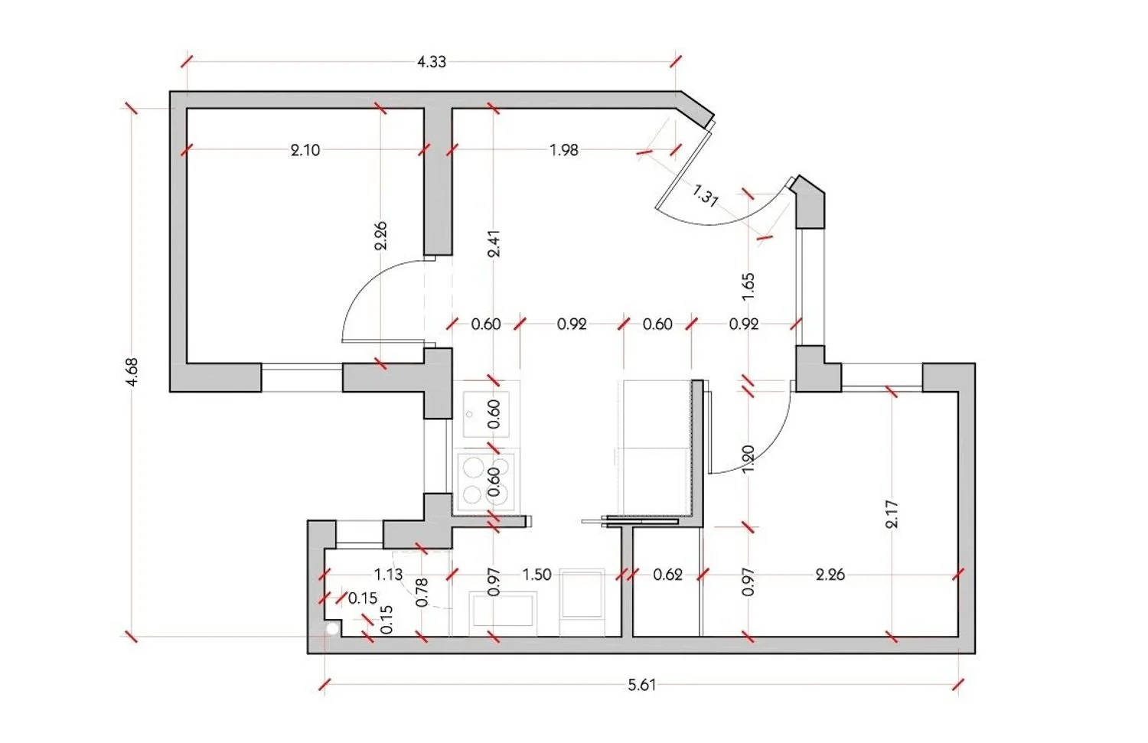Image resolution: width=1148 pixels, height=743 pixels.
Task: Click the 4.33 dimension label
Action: [432, 62]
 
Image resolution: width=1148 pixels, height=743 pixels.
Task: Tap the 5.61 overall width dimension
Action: [641, 685]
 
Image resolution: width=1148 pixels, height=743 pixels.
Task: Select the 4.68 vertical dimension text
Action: [132, 372]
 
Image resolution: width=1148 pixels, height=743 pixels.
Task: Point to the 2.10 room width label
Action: [305, 150]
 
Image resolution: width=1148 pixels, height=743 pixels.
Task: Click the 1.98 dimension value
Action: [564, 150]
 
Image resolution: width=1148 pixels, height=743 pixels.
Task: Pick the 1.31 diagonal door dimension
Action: [705, 196]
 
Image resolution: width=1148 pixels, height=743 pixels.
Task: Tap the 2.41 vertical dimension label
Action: [494, 243]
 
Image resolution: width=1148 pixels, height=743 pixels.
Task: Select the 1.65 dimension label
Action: [748, 287]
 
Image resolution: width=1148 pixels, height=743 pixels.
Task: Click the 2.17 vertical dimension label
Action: [892, 514]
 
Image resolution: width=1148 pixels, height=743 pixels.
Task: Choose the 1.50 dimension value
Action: [536, 575]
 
